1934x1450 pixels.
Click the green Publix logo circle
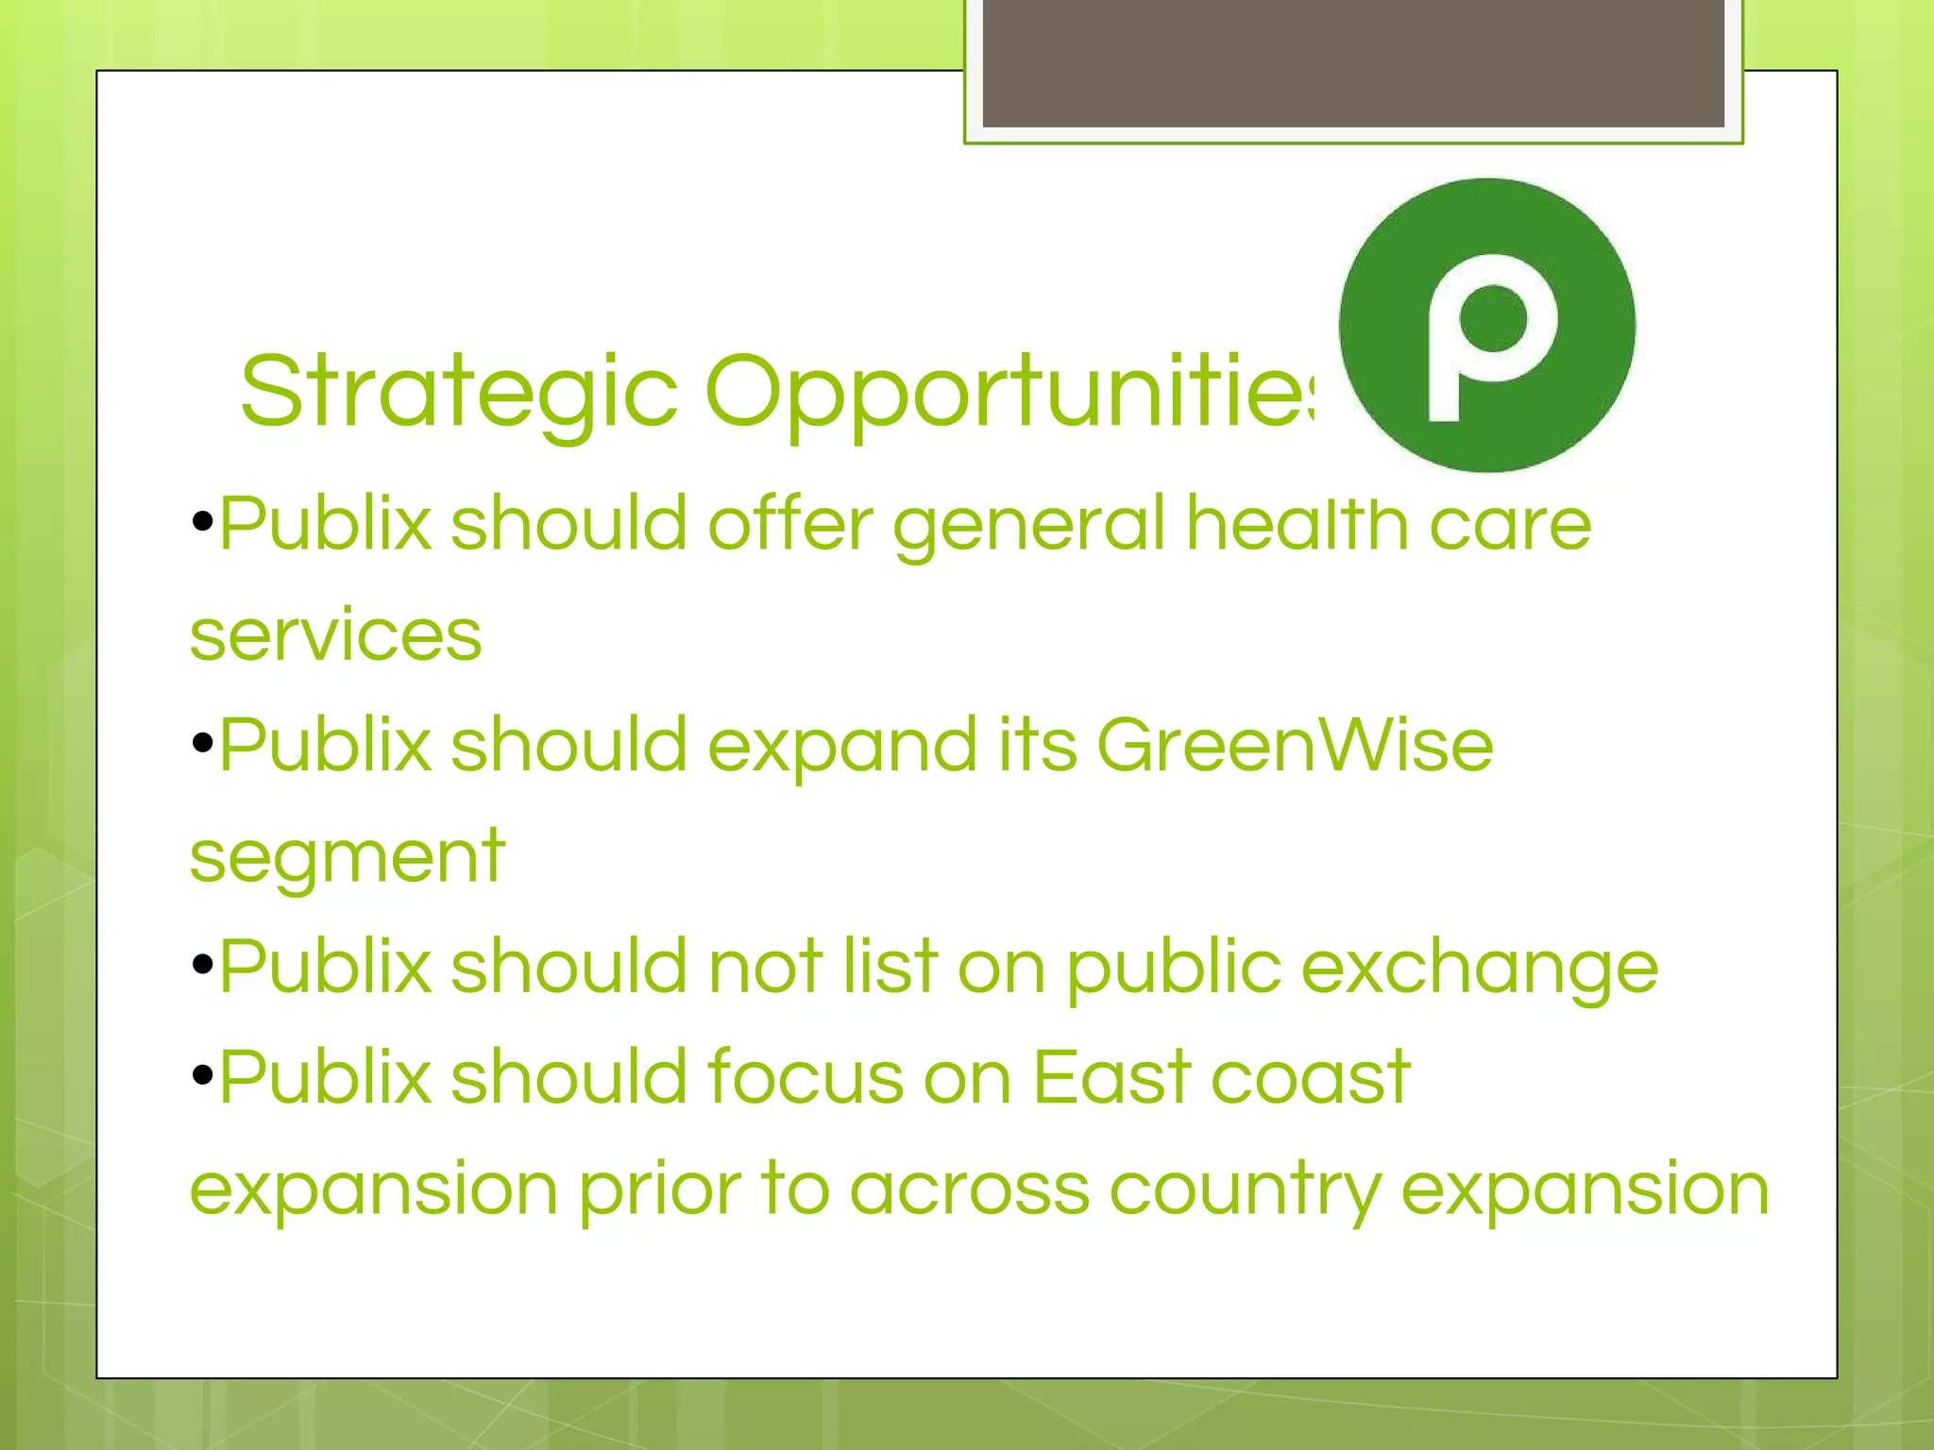coord(1486,325)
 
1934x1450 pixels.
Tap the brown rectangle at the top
coord(1353,63)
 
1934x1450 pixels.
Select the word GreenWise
coord(1295,745)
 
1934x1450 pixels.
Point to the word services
coord(335,634)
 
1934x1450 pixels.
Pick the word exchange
coord(1479,969)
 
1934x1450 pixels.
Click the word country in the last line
coord(1245,1189)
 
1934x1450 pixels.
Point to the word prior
coord(659,1189)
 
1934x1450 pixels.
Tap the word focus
coord(806,1077)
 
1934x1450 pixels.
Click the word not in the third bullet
coord(766,967)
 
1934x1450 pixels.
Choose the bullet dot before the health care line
coord(202,522)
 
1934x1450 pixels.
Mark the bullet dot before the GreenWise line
coord(202,744)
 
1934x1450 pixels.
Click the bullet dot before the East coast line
coord(202,1075)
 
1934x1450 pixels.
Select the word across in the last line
coord(970,1189)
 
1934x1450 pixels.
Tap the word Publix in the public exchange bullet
coord(325,967)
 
